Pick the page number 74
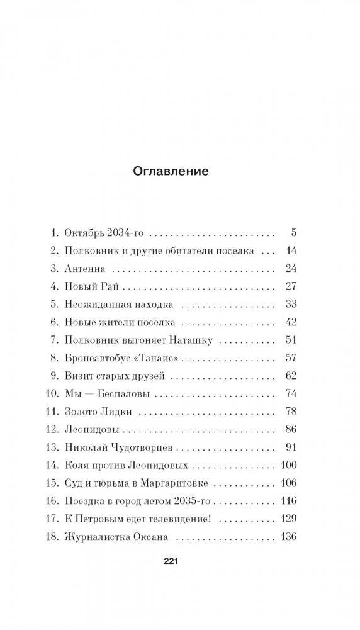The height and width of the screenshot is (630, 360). point(290,395)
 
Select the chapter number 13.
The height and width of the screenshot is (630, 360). point(53,449)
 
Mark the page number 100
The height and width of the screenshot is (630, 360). point(286,467)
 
